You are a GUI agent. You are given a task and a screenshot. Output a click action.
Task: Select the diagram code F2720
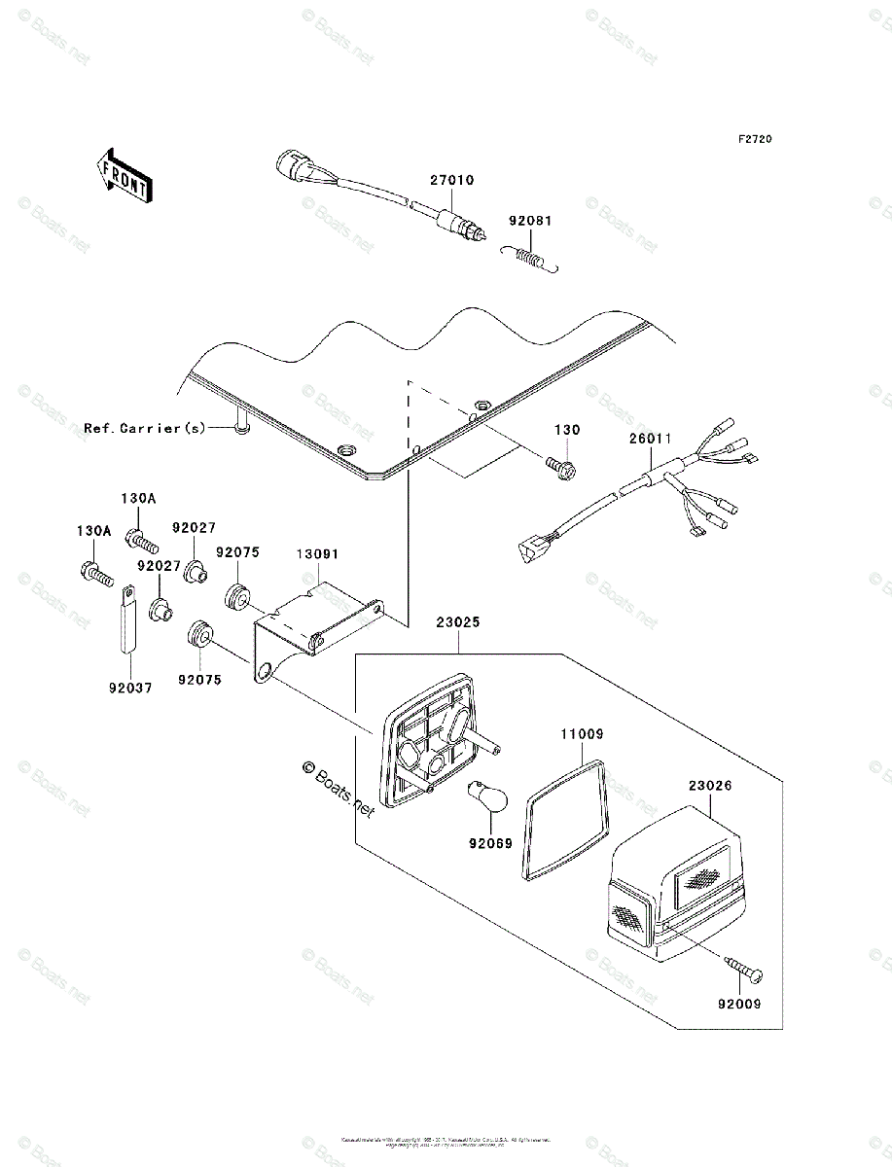click(x=754, y=140)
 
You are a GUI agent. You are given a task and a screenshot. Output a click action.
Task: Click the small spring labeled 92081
click(x=529, y=257)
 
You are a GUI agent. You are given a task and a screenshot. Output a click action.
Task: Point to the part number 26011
click(x=650, y=439)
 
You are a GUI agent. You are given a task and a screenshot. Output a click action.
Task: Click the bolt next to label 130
click(x=561, y=467)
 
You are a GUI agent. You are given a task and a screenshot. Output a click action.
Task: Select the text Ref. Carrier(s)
click(x=145, y=427)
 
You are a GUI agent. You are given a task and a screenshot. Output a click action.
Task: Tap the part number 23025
click(x=458, y=623)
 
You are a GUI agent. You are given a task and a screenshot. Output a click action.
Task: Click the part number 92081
click(x=530, y=222)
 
